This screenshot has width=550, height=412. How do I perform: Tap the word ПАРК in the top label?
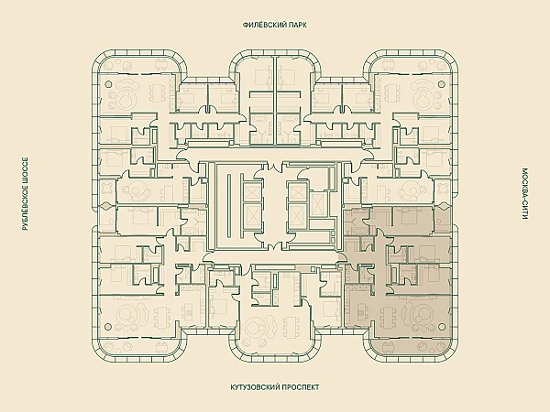(x=297, y=25)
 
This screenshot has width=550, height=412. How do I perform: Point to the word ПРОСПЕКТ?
(x=301, y=387)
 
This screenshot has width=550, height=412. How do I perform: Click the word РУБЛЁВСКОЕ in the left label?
(x=25, y=208)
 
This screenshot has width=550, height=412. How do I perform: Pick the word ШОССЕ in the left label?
(x=25, y=170)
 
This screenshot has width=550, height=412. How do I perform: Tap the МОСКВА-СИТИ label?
(x=524, y=194)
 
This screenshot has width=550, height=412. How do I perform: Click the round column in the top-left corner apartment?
(x=108, y=84)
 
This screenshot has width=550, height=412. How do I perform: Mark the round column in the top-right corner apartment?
(x=441, y=84)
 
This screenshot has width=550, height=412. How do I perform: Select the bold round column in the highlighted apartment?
(x=441, y=327)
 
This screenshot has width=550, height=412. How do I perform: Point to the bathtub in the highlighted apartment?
(x=357, y=232)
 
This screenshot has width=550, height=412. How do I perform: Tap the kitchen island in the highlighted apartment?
(x=360, y=311)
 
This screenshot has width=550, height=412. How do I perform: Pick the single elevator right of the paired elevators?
(x=318, y=203)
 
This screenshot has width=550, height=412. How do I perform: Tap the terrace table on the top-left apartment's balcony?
(x=161, y=64)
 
